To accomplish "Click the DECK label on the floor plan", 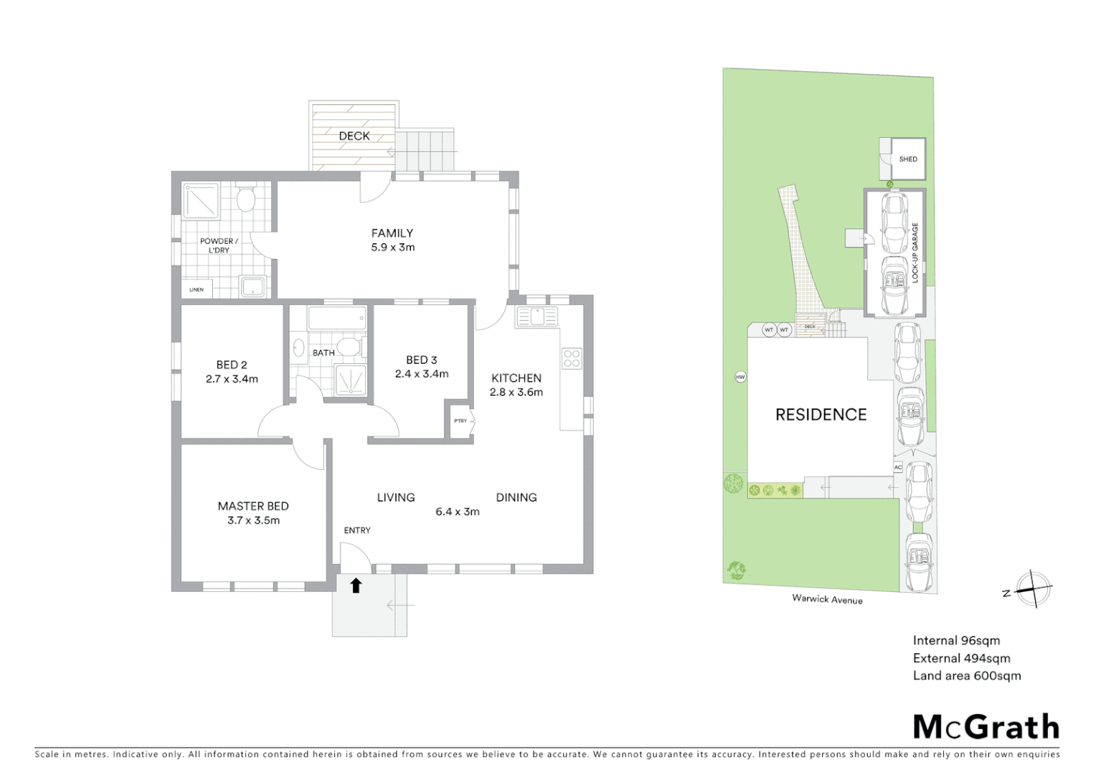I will tap(354, 136).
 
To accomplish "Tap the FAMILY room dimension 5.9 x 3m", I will tap(392, 248).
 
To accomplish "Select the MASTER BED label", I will tap(253, 506).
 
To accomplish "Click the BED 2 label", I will tap(231, 365).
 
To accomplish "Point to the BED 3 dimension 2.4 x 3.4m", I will tap(421, 374).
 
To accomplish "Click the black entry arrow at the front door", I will tap(356, 586).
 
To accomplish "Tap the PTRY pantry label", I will tap(460, 421).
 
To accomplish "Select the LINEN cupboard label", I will tap(197, 290).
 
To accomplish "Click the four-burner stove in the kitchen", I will tap(572, 358).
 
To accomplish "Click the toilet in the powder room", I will tap(246, 199).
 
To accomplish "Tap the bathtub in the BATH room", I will tap(337, 319).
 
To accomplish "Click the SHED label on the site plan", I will tap(908, 159).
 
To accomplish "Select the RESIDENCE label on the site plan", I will tap(821, 414).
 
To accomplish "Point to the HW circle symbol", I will tap(740, 377).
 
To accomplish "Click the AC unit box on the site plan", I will tap(897, 467).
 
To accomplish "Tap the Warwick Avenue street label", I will tap(827, 598).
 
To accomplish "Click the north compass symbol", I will tap(1032, 590).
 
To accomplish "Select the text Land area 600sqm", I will tap(966, 675).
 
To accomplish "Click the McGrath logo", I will tap(986, 727).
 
